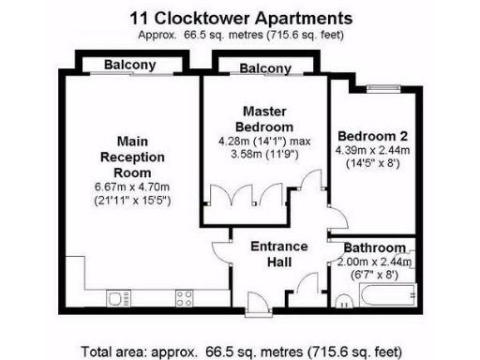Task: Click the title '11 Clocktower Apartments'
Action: click(239, 18)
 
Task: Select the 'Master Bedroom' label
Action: click(264, 118)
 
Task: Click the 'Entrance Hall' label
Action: click(277, 254)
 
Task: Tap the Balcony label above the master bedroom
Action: click(265, 68)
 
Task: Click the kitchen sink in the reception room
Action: click(120, 299)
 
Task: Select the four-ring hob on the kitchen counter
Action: click(185, 299)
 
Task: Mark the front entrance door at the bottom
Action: click(254, 301)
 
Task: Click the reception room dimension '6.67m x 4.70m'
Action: click(140, 187)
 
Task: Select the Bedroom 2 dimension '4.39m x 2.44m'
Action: click(372, 149)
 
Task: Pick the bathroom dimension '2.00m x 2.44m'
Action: click(374, 263)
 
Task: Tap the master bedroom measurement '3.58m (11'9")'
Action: click(264, 155)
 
